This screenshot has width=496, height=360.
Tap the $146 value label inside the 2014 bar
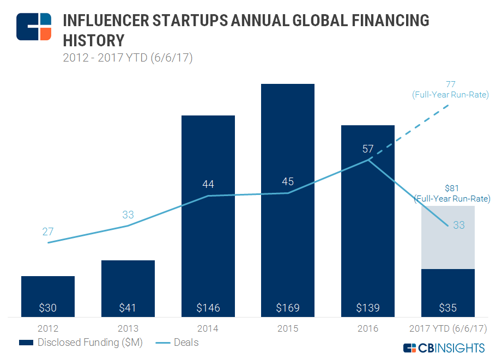click(208, 308)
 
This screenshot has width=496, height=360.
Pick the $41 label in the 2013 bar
click(128, 308)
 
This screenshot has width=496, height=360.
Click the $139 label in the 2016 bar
click(367, 308)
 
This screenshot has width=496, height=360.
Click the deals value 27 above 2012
click(48, 231)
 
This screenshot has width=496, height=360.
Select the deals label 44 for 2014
click(208, 185)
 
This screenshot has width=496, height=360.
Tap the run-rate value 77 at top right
click(450, 84)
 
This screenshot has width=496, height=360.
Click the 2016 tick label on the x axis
click(368, 329)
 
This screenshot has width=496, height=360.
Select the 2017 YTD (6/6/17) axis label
click(448, 329)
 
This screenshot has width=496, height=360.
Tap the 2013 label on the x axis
click(128, 329)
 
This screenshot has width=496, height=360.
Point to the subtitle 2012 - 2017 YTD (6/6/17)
click(128, 57)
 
